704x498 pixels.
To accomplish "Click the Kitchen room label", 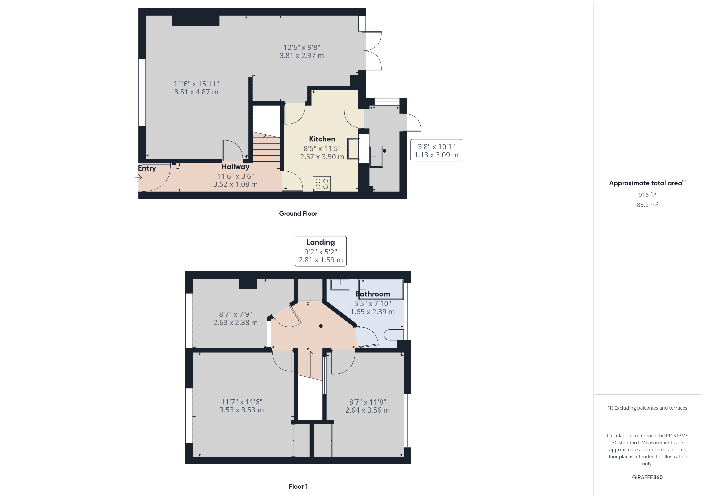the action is click(x=322, y=139).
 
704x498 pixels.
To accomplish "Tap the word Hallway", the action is click(x=235, y=167).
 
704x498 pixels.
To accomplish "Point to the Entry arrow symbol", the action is click(x=139, y=177).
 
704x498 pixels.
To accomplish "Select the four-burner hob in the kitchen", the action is click(x=322, y=184).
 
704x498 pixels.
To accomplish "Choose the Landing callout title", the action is click(x=321, y=242).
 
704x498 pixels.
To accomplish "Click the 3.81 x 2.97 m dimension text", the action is click(x=302, y=55).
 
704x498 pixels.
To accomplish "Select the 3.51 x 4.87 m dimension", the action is click(x=196, y=92).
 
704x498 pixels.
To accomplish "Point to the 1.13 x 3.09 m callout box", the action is click(x=436, y=151).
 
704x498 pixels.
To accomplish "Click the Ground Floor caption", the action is click(x=298, y=213).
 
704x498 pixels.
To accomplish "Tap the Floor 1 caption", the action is click(x=298, y=486).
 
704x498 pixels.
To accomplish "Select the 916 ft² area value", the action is click(x=647, y=195).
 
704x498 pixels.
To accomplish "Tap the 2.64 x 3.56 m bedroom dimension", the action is click(x=368, y=410).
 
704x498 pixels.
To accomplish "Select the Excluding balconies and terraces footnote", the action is click(x=647, y=408).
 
